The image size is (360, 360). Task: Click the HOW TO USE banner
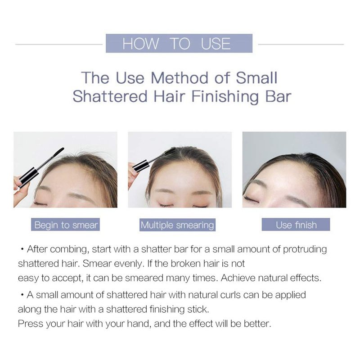pyautogui.click(x=179, y=43)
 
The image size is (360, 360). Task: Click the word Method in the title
pyautogui.click(x=180, y=78)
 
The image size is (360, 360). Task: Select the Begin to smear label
pyautogui.click(x=65, y=225)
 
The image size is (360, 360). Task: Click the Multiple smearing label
pyautogui.click(x=177, y=225)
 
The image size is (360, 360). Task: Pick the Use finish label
pyautogui.click(x=296, y=225)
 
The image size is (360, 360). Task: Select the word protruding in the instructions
pyautogui.click(x=305, y=250)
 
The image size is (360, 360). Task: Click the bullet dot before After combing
pyautogui.click(x=22, y=250)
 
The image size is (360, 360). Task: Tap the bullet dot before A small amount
pyautogui.click(x=22, y=295)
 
